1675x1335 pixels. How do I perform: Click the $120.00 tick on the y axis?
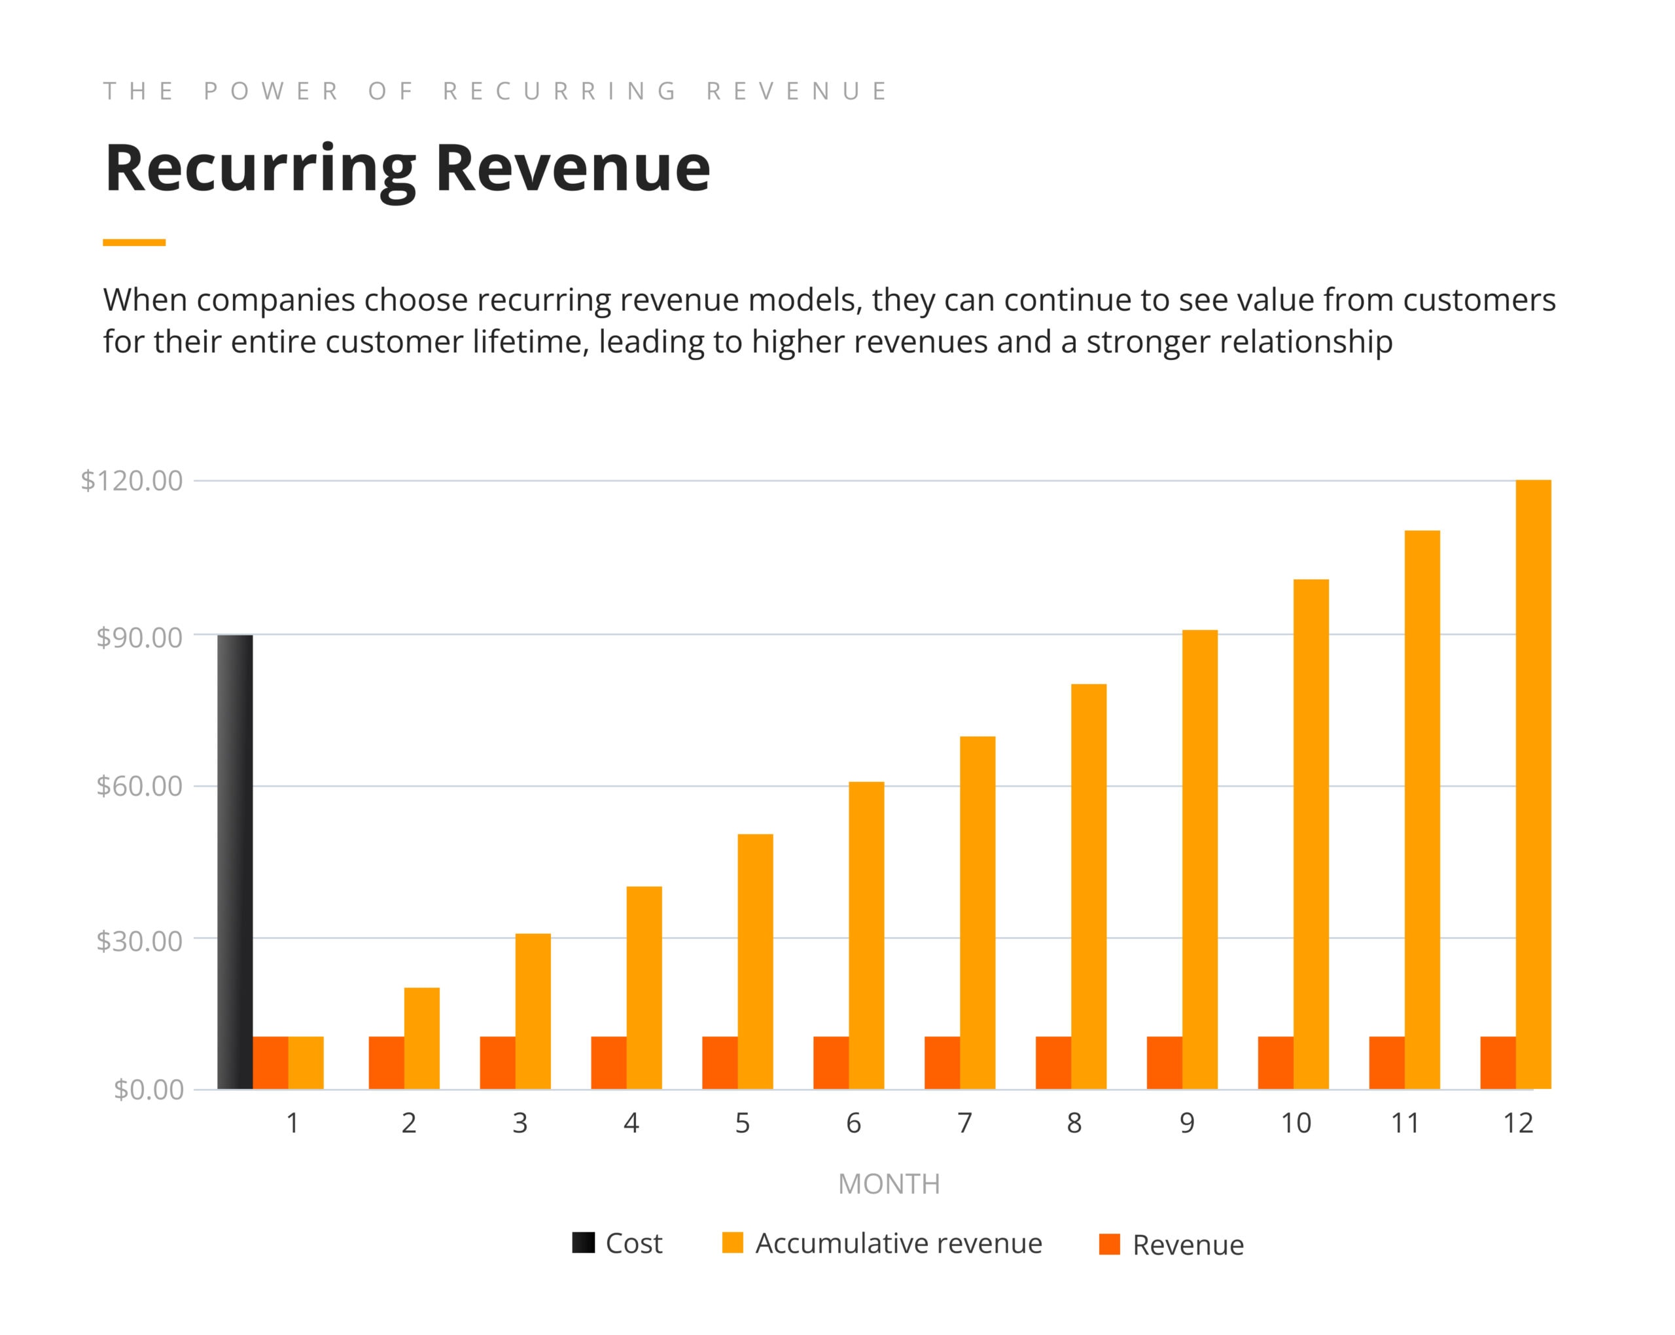point(132,481)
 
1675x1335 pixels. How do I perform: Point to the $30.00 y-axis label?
point(139,940)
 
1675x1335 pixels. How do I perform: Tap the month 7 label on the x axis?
point(964,1123)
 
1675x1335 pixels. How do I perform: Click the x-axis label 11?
point(1405,1123)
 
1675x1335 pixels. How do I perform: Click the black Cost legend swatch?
point(584,1243)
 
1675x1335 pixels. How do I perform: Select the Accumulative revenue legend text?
point(898,1243)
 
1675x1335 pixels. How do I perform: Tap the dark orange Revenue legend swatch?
point(1110,1244)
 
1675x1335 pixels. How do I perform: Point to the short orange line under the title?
point(133,242)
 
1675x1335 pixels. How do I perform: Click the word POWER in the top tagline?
point(271,92)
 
